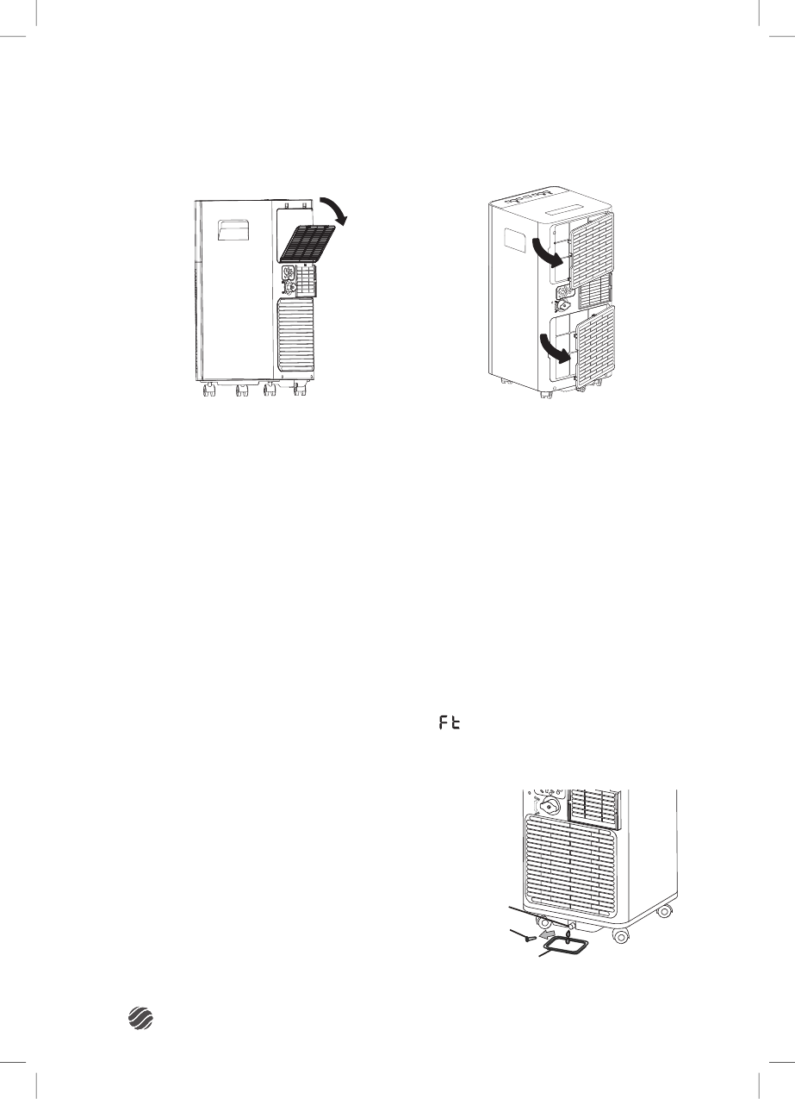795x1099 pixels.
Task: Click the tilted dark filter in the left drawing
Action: (308, 242)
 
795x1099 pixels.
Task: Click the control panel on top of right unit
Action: (569, 209)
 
